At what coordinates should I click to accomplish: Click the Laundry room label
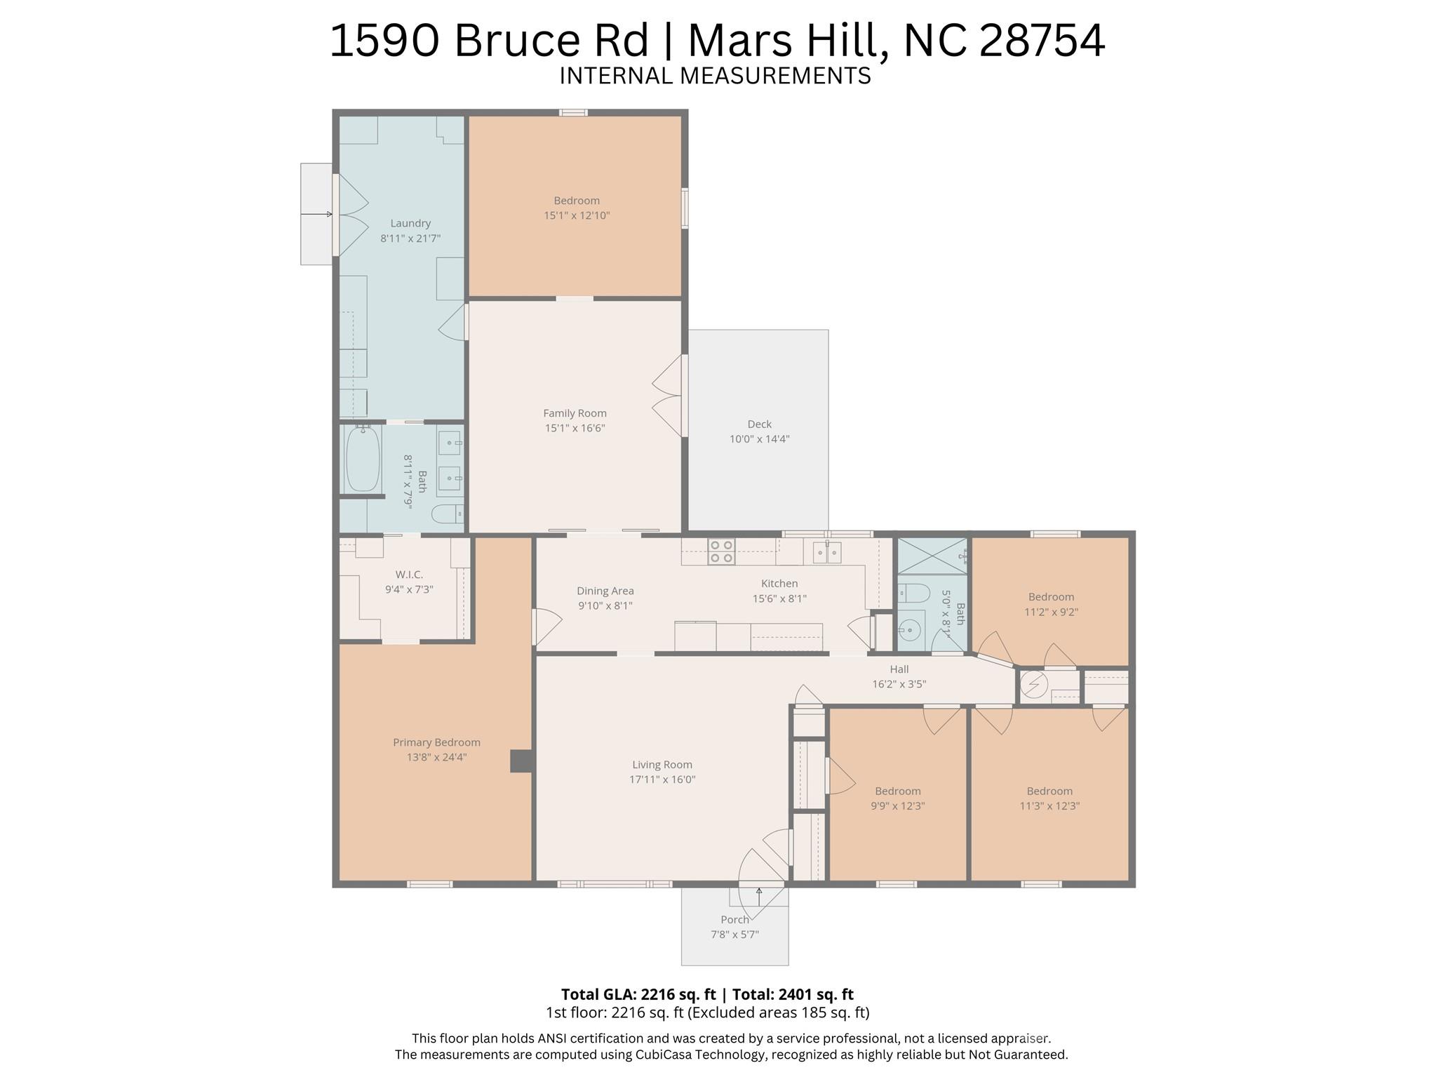(410, 223)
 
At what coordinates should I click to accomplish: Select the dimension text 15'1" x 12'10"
(577, 215)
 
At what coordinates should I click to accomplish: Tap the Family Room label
(575, 413)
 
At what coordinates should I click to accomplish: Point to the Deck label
(759, 424)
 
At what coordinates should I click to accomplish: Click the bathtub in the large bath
(363, 459)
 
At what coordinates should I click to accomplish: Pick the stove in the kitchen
(721, 551)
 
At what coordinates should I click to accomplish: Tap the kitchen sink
(827, 553)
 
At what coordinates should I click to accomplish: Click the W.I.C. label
(409, 575)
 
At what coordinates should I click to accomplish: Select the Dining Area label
(605, 591)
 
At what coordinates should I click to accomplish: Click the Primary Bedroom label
(436, 742)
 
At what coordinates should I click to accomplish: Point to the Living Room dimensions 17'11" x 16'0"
(662, 780)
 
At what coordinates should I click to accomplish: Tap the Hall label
(899, 669)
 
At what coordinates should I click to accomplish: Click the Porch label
(734, 920)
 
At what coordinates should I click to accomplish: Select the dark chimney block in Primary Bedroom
(521, 761)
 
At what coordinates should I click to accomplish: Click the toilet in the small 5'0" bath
(913, 594)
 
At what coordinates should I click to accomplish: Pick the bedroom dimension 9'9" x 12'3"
(897, 806)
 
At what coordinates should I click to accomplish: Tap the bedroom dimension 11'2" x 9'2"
(1051, 612)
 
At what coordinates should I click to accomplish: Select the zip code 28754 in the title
(1042, 41)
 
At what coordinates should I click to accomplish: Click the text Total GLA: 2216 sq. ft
(638, 994)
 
